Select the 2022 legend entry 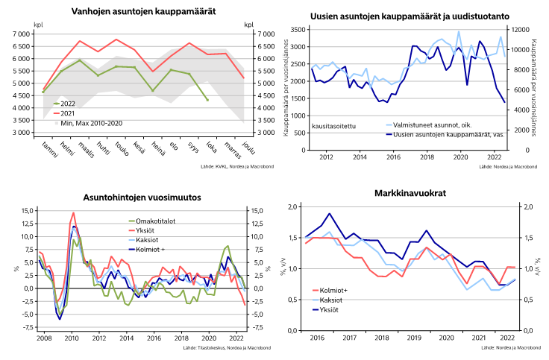(67, 103)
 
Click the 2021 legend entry (67, 113)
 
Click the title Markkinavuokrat (411, 195)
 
